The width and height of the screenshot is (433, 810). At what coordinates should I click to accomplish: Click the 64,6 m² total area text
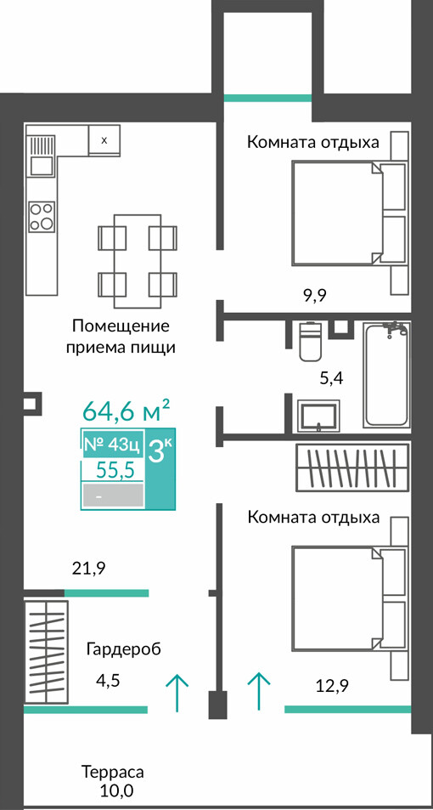click(127, 411)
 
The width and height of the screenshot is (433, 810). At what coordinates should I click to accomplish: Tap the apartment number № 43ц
click(111, 444)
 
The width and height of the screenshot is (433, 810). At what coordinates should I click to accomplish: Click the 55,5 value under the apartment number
click(116, 471)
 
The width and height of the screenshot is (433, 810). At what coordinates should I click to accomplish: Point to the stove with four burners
click(42, 217)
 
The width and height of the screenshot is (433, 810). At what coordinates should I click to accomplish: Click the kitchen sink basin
click(42, 165)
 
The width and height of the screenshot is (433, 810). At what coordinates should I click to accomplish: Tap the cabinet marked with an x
click(104, 140)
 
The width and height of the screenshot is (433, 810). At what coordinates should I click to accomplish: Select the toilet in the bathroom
click(312, 341)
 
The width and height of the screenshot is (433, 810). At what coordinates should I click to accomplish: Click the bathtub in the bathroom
click(386, 375)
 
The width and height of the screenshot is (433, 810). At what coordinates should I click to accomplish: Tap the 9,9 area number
click(315, 296)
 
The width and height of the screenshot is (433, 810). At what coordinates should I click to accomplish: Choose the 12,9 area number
click(332, 686)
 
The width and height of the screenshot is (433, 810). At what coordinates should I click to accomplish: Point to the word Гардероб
click(124, 649)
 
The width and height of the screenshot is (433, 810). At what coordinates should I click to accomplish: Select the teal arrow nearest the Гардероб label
click(177, 692)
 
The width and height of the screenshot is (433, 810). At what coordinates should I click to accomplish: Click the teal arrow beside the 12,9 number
click(259, 692)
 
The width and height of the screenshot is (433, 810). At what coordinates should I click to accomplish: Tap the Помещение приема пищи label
click(121, 337)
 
